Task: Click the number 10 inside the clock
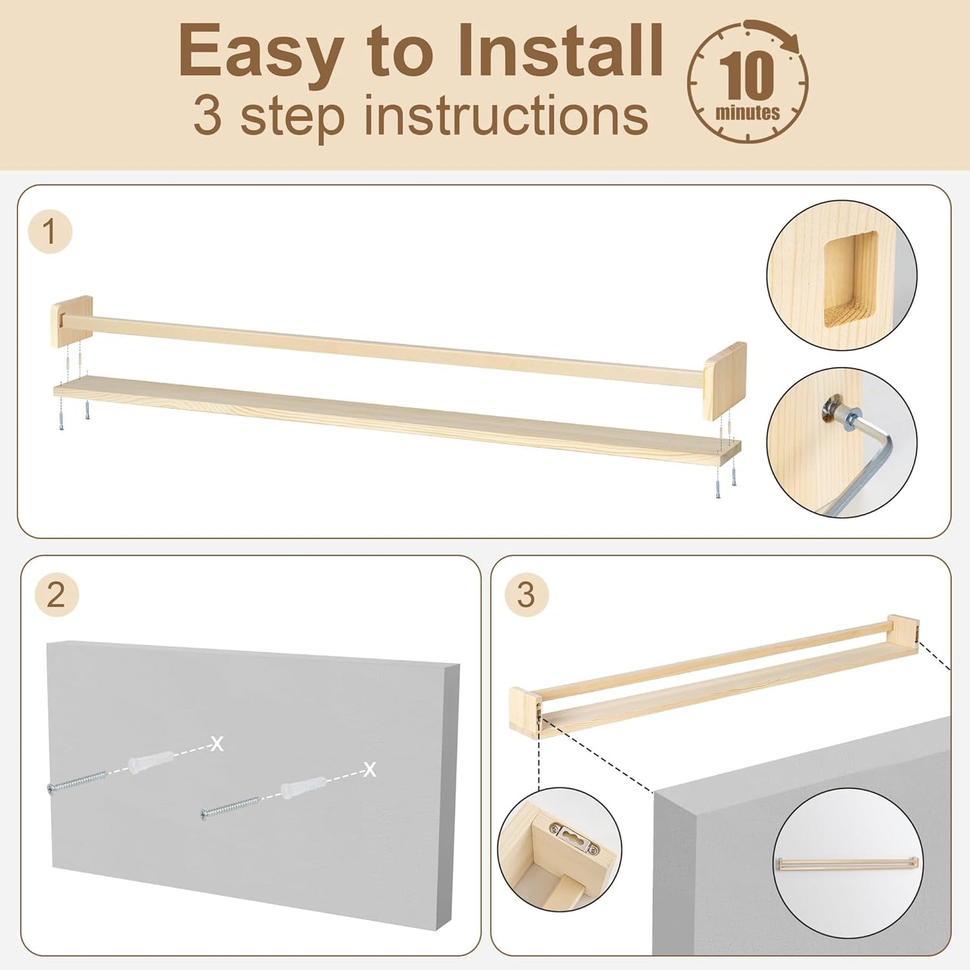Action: point(746,76)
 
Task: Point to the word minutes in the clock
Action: point(748,112)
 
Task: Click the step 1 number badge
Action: point(50,232)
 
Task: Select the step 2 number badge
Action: point(56,595)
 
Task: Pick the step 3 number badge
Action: point(526,595)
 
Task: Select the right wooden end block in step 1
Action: point(724,381)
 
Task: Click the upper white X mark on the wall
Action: point(217,744)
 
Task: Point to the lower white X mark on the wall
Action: point(370,769)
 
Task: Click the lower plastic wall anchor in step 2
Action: point(304,789)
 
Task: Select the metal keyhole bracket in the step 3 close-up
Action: point(575,836)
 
